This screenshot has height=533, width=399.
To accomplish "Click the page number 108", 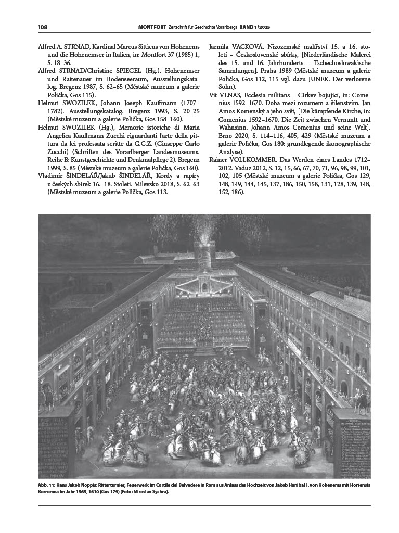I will (43, 27).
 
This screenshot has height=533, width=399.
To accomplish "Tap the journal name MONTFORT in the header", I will (152, 27).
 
